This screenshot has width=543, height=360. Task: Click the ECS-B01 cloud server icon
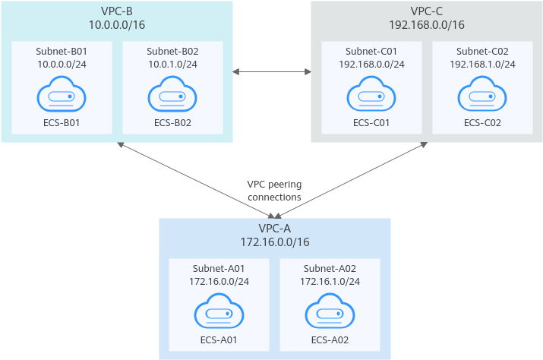tap(62, 94)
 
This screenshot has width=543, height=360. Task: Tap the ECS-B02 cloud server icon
tap(172, 94)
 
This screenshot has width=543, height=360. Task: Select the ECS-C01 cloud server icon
tap(371, 94)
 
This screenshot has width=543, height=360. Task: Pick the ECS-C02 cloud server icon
tap(482, 94)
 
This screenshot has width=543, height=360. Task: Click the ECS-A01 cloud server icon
tap(219, 311)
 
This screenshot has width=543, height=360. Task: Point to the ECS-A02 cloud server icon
tap(330, 311)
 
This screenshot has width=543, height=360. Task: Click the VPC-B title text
tap(117, 11)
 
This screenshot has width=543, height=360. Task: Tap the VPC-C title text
tap(427, 11)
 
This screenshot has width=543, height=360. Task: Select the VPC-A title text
tap(275, 229)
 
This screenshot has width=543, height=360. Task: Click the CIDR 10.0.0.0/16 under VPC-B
tap(117, 25)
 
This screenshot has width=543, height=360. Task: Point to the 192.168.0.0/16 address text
tap(427, 25)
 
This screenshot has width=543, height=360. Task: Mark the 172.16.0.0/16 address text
tap(275, 242)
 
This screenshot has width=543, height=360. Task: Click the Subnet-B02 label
tap(172, 52)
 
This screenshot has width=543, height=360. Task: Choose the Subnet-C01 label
tap(371, 52)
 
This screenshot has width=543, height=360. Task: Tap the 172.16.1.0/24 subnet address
tap(330, 281)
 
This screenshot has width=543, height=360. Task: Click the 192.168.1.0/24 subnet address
tap(482, 65)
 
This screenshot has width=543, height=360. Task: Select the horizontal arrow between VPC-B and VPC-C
tap(272, 71)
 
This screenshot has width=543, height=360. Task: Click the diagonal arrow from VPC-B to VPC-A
tap(197, 181)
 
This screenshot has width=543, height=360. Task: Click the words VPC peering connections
tap(274, 191)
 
